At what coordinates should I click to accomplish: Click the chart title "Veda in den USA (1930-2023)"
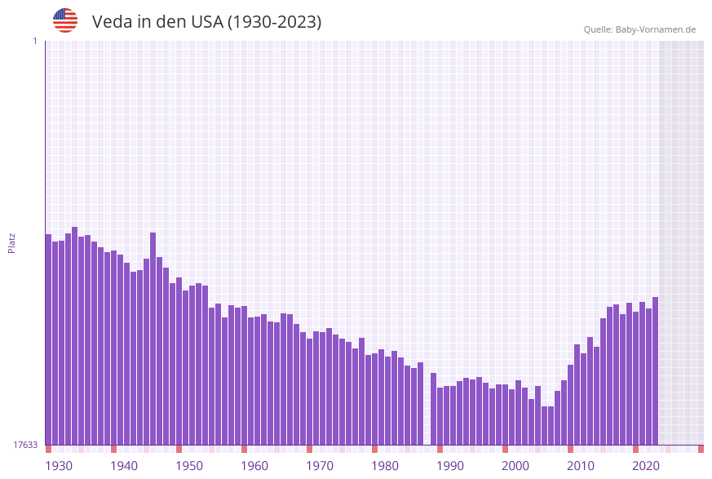coord(206,22)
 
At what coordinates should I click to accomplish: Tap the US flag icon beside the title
coord(65,20)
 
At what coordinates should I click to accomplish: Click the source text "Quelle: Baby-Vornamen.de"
coord(639,29)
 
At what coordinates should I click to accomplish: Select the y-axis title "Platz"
coord(12,242)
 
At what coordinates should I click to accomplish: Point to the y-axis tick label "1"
coord(34,41)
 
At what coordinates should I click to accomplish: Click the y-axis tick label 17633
coord(24,445)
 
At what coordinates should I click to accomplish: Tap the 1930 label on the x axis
coord(59,466)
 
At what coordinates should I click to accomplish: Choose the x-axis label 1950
coord(189,466)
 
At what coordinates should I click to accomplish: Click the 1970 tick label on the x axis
coord(320,466)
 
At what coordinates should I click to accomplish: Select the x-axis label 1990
coord(450,466)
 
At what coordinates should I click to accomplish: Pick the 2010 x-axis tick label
coord(581,466)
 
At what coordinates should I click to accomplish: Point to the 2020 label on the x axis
coord(646,466)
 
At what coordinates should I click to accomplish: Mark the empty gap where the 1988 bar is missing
coord(427,408)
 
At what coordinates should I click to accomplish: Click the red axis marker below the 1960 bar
coord(244,449)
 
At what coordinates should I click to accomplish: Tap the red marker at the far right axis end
coord(701,449)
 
